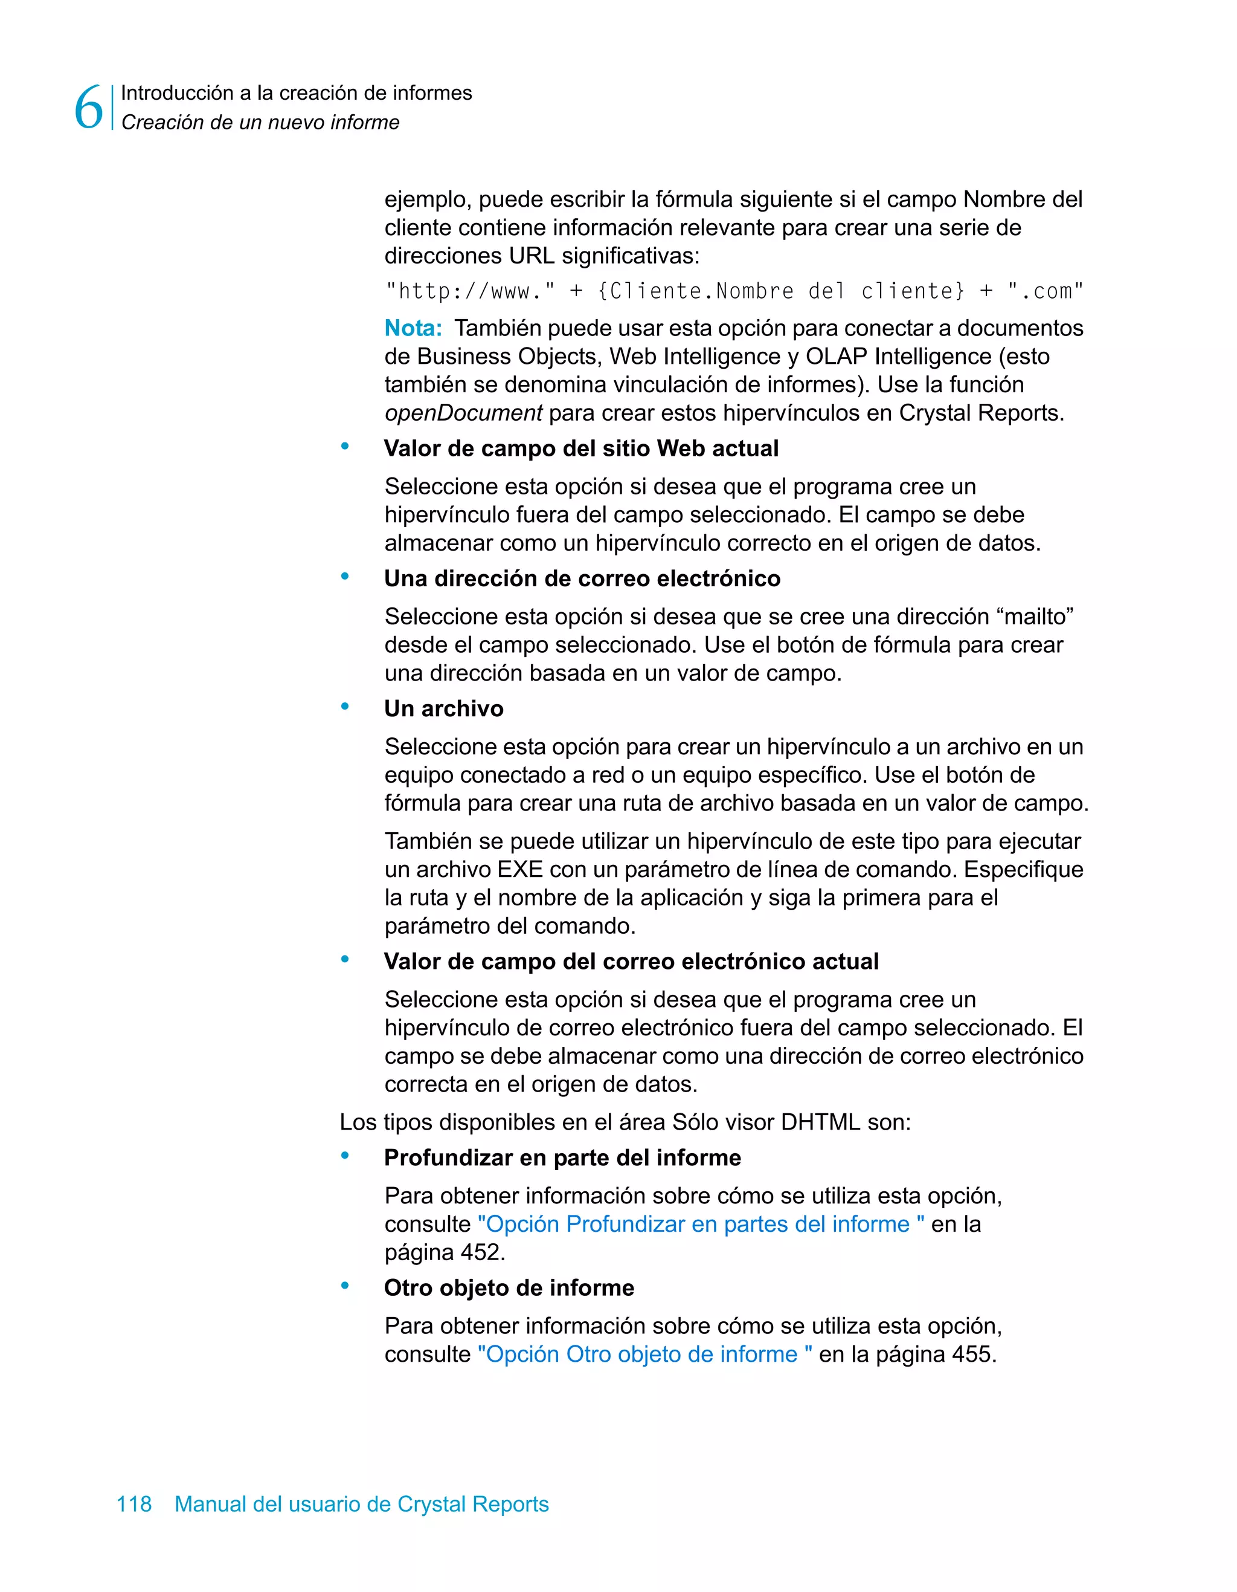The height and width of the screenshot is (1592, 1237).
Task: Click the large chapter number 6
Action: coord(89,108)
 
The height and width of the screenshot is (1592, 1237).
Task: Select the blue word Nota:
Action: coord(413,328)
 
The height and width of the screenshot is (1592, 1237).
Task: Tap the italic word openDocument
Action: coord(463,413)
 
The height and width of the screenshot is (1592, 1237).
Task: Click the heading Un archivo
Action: coord(444,708)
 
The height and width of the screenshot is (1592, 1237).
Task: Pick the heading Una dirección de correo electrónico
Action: coord(582,579)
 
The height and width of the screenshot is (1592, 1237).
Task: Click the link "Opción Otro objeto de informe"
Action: coord(644,1354)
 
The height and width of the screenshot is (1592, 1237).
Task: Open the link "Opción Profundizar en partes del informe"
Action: coord(701,1224)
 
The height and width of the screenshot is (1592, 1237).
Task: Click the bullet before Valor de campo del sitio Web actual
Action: coord(345,446)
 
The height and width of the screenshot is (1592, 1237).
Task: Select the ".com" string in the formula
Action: coord(1046,291)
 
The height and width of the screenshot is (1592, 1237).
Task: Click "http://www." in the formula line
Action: coord(470,291)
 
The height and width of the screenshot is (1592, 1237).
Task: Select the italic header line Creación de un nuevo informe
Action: coord(260,123)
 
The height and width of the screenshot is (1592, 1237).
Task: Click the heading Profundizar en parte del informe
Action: coord(562,1157)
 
